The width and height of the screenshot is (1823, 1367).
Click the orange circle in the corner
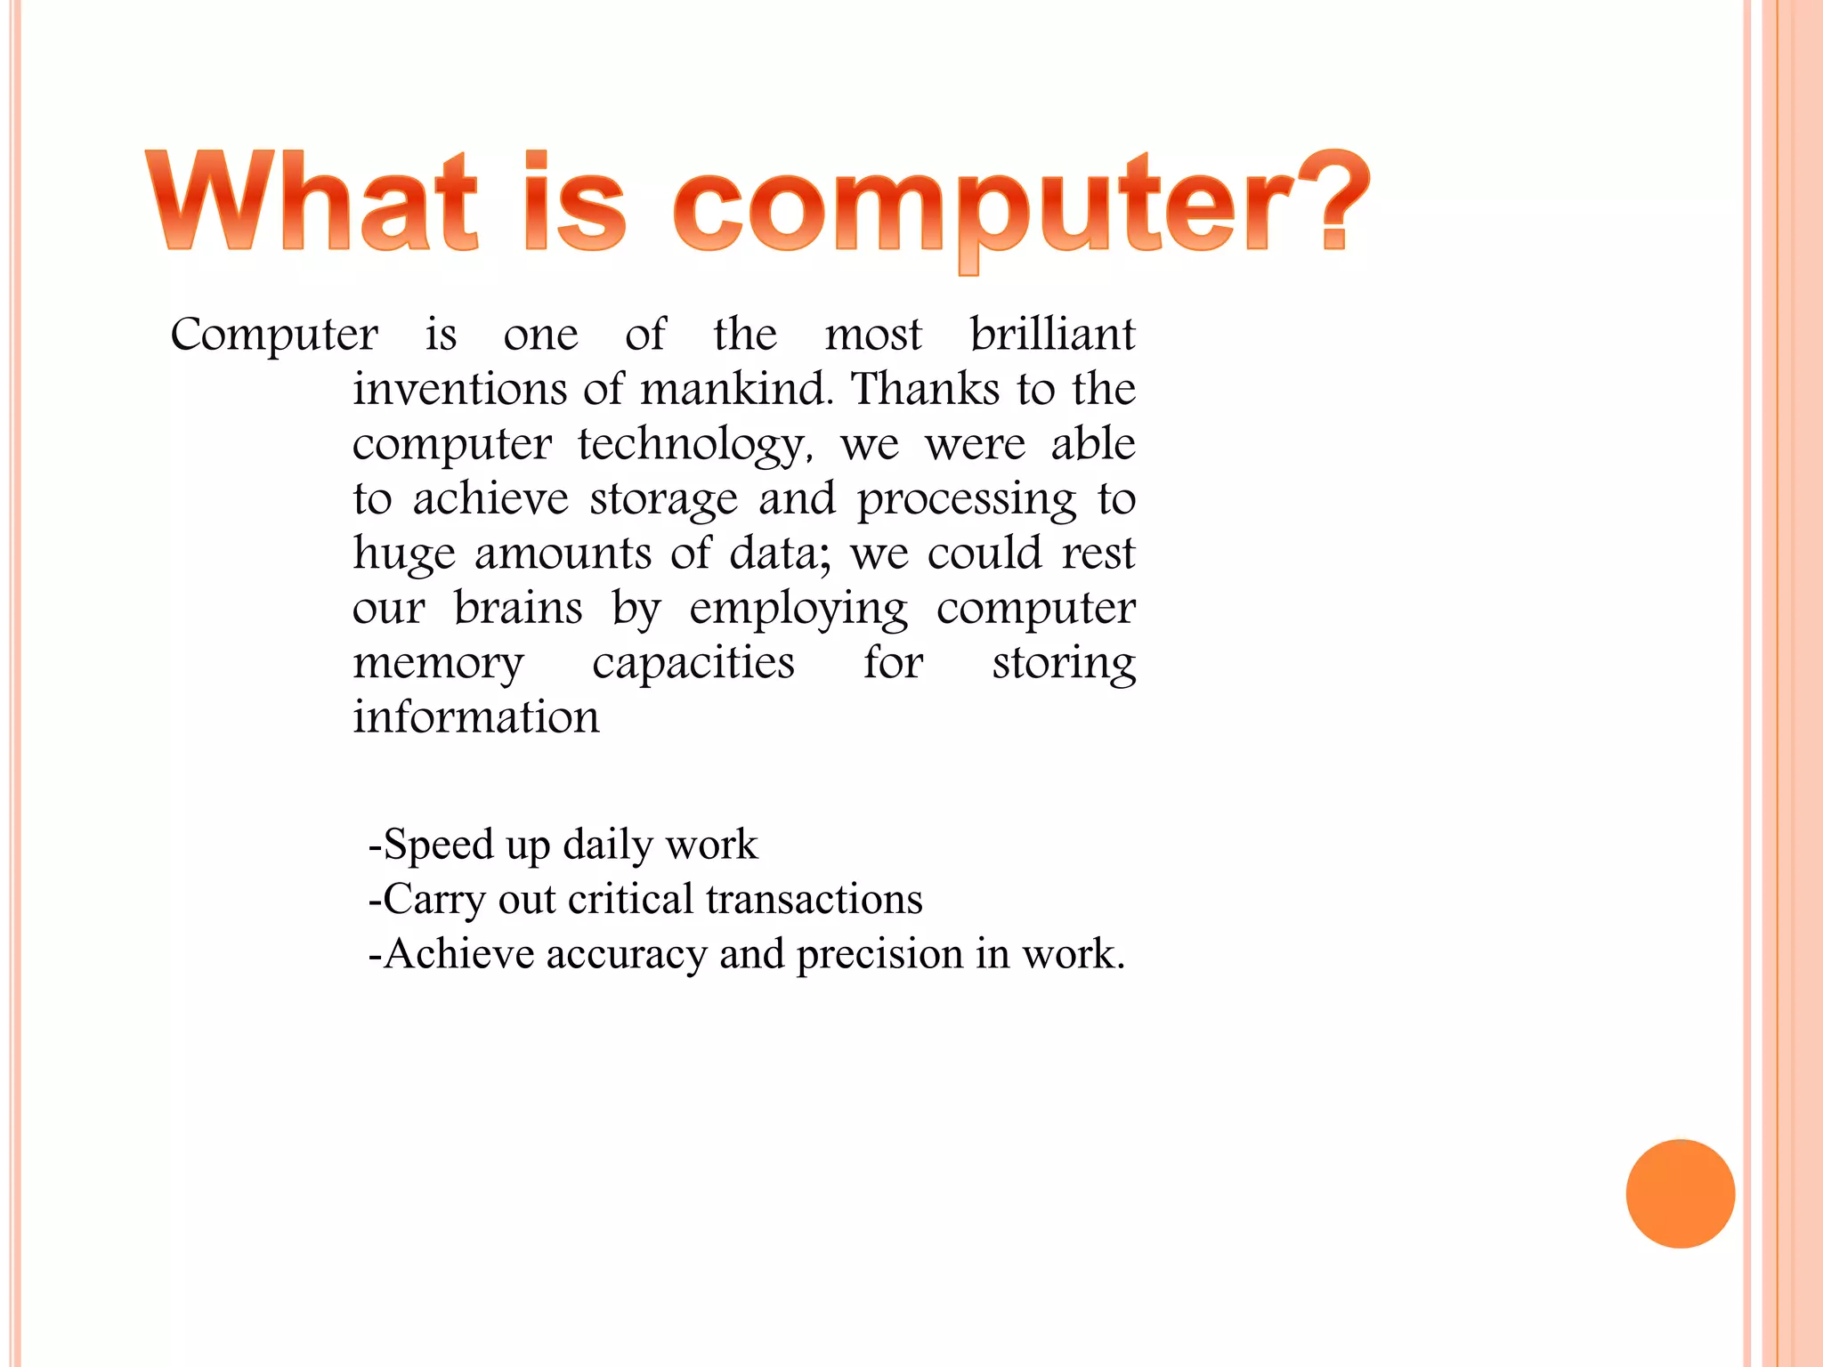(x=1680, y=1193)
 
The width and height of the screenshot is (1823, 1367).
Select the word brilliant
(x=1052, y=335)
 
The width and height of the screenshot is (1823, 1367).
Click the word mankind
(x=735, y=390)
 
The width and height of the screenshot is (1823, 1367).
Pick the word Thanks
(x=926, y=390)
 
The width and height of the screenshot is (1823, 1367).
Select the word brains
(x=518, y=610)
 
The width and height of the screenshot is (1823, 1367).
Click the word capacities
(x=693, y=664)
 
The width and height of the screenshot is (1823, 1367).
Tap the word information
(x=476, y=718)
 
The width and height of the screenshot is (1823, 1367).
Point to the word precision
(x=879, y=955)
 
